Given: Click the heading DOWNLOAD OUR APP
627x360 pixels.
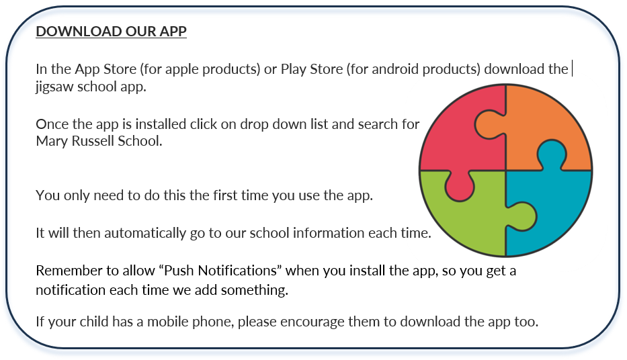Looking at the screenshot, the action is (x=111, y=31).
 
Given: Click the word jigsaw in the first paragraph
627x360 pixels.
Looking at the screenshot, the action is (x=54, y=87).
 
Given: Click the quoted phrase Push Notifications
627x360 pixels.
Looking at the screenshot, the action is (x=220, y=271).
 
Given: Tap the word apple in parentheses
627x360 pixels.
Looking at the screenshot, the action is (x=181, y=70).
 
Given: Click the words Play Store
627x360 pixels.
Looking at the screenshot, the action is (x=312, y=70).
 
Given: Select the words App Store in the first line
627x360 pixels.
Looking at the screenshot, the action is (x=106, y=70).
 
